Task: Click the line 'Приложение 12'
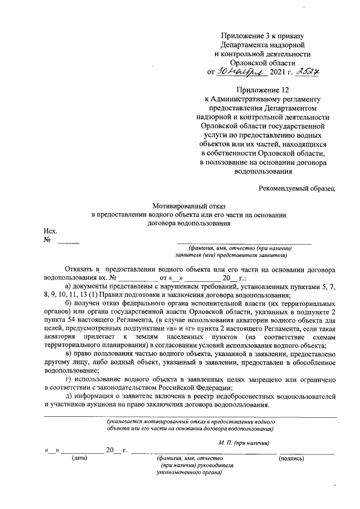pos(263,89)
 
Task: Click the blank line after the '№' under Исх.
pos(68,242)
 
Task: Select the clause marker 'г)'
pos(69,380)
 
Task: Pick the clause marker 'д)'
pos(69,397)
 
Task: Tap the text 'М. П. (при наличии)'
pos(245,443)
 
